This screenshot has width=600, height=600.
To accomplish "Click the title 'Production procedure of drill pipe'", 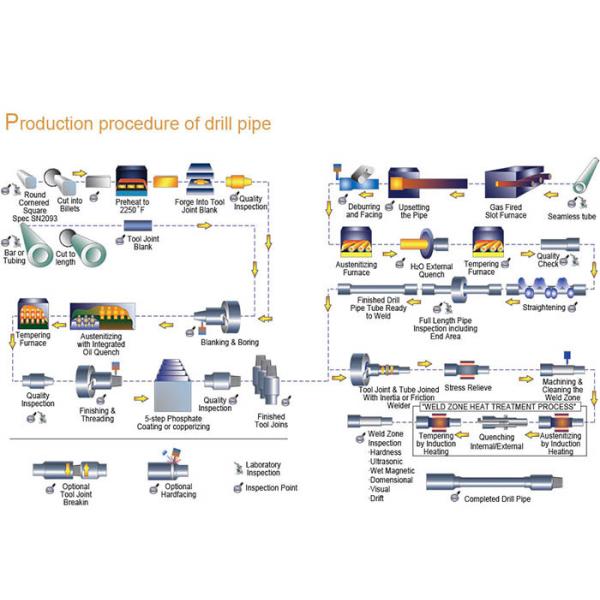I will click(x=137, y=123).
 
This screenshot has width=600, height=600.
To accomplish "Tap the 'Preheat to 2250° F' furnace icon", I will click(x=133, y=181).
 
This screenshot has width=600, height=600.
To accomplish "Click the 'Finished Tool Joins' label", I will click(x=271, y=421).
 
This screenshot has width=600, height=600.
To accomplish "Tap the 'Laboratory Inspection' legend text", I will click(x=264, y=469).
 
